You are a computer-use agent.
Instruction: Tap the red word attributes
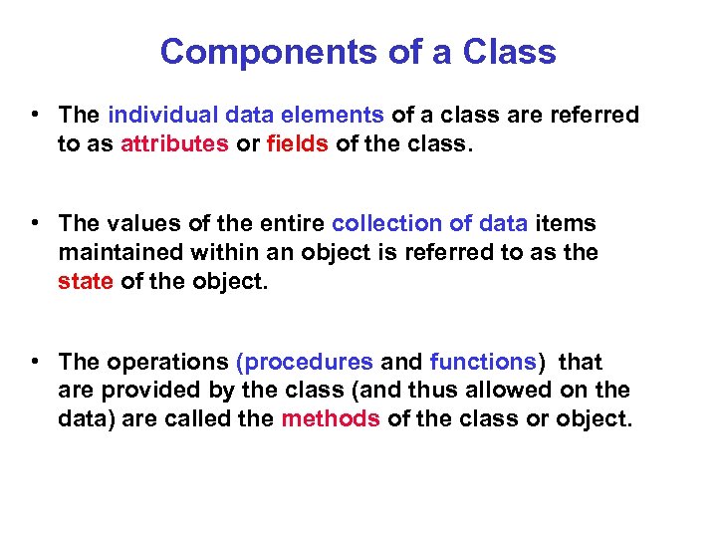[174, 143]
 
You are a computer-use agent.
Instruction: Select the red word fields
[298, 143]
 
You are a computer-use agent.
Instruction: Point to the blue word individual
[154, 116]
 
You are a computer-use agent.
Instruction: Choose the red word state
[86, 281]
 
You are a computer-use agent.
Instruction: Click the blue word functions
[482, 363]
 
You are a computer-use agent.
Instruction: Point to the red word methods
[331, 418]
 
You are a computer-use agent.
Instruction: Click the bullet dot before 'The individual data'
[35, 115]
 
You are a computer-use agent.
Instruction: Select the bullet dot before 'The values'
[35, 223]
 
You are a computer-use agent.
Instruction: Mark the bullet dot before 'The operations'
[35, 361]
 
